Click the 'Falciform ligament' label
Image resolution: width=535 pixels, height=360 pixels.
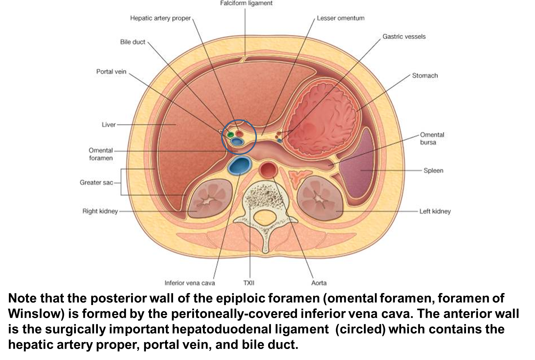point(246,3)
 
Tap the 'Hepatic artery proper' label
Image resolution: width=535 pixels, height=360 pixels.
point(160,18)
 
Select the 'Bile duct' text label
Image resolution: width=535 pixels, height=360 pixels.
point(133,42)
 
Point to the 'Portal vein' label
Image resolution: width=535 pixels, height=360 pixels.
point(111,72)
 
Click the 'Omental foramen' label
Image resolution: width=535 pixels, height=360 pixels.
point(101,154)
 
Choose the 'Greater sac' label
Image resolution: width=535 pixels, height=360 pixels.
point(96,182)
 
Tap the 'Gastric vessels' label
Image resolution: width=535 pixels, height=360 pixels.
point(404,36)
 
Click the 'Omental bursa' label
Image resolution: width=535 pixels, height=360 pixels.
point(432,138)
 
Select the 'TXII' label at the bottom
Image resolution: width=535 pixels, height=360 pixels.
point(249,283)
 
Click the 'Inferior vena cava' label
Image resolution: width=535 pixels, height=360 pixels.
point(190,283)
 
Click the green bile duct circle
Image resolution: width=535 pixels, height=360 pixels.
point(231,134)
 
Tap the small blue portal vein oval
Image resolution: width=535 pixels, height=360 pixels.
point(237,141)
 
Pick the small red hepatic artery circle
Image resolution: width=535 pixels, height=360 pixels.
point(239,133)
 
